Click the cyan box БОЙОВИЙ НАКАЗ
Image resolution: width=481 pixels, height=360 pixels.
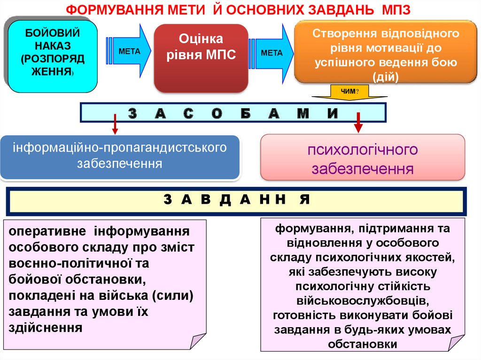tap(52, 56)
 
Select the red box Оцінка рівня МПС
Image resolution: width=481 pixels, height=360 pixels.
tap(201, 58)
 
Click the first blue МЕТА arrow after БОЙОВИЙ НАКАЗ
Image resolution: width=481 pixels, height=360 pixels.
tap(129, 51)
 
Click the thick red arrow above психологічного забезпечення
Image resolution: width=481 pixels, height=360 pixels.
tap(358, 123)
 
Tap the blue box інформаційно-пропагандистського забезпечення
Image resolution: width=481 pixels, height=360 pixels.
tap(120, 157)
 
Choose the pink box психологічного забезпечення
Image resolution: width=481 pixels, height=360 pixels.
tap(362, 158)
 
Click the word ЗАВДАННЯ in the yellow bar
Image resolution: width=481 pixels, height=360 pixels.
tap(237, 199)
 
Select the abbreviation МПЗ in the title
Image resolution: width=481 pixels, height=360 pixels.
tap(396, 10)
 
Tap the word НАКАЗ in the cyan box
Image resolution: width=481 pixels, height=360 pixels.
tap(52, 46)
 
